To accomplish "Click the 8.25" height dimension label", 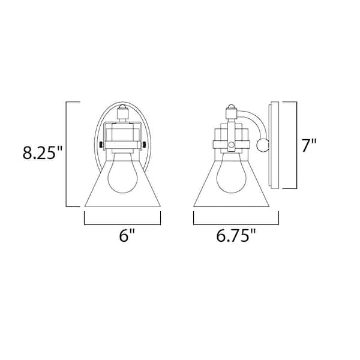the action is pos(42,152).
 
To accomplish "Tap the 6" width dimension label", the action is pos(126,235).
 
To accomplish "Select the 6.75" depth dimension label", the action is pos(236,235).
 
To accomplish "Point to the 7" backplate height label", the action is pos(309,145).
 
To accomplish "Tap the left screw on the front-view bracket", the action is pos(101,145).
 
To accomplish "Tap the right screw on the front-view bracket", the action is pos(144,145).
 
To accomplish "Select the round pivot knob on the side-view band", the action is pos(232,145).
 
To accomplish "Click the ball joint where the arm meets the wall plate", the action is pos(263,145).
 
